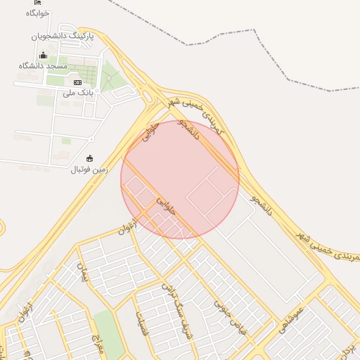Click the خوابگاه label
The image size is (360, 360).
tap(37, 13)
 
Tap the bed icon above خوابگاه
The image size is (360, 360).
tap(37, 3)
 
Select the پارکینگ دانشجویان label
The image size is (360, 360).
tap(63, 35)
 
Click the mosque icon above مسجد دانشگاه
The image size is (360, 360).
tap(44, 55)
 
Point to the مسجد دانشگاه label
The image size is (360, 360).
tap(43, 65)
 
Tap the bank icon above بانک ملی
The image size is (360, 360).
tap(77, 82)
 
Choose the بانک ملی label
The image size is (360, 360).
tap(77, 92)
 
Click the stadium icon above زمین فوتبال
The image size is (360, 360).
tap(89, 159)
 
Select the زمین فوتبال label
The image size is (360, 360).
tap(89, 169)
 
